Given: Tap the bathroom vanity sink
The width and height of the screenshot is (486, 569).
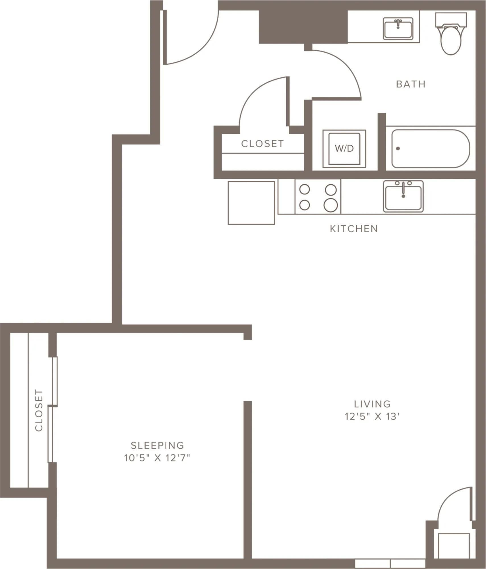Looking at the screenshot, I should [x=398, y=29].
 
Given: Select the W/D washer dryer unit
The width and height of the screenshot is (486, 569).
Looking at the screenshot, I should [x=344, y=149].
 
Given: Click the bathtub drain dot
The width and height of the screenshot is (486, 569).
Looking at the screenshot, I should [x=398, y=149].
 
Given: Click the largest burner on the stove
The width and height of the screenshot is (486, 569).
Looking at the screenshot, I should [x=331, y=205].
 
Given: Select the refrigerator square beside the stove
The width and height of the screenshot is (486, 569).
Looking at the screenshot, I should [x=251, y=203].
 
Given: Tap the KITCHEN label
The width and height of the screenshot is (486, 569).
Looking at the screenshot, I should [x=354, y=229].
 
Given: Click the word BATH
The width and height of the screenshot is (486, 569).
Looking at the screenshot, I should [x=411, y=84].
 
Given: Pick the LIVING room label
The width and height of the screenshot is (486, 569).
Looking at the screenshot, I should [x=372, y=404].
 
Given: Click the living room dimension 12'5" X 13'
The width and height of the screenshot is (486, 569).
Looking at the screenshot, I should [x=372, y=417].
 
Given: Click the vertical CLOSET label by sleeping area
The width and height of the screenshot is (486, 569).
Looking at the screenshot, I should [x=39, y=410].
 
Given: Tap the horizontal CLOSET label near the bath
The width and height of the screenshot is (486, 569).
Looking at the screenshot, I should [x=262, y=144].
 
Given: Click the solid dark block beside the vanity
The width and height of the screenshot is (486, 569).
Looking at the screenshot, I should [x=303, y=27].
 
